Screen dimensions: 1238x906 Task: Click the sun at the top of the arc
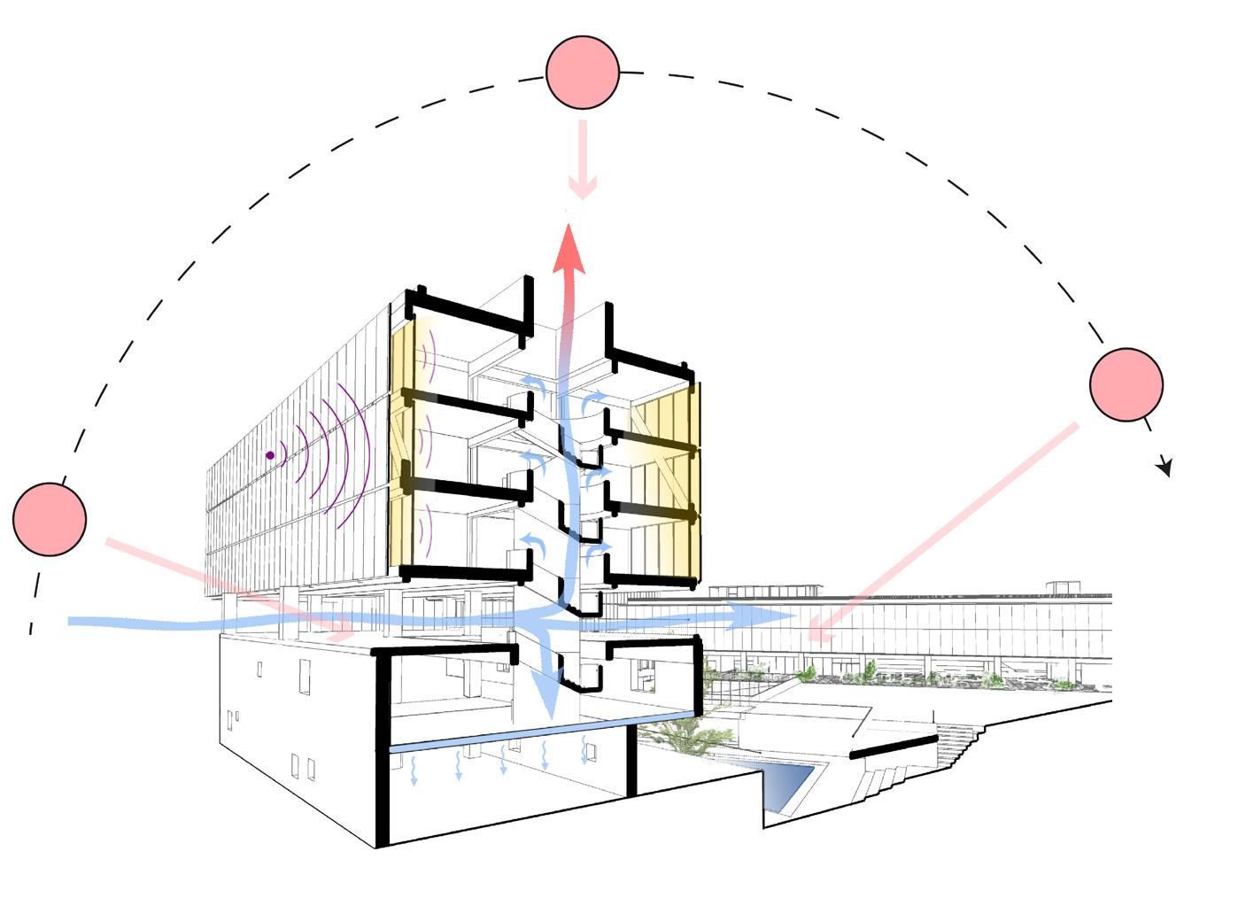(x=582, y=73)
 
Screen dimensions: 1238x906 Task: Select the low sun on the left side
(x=50, y=519)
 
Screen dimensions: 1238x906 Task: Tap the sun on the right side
(x=1126, y=384)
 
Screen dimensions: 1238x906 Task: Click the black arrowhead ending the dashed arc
(x=1166, y=467)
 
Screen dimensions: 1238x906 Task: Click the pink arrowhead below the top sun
(x=582, y=189)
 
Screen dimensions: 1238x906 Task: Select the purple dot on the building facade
(x=270, y=455)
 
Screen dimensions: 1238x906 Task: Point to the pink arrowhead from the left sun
(x=342, y=634)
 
